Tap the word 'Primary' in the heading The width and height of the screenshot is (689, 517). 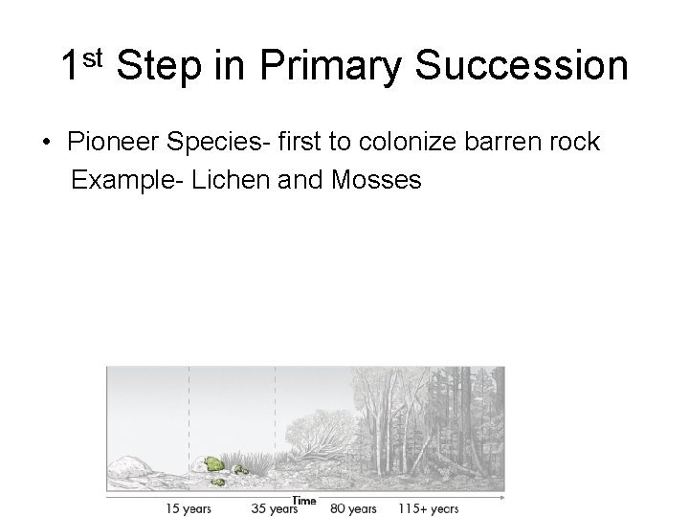click(329, 68)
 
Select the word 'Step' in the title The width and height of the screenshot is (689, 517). click(160, 68)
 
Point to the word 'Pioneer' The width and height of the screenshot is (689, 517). click(112, 143)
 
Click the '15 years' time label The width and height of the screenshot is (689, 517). click(189, 508)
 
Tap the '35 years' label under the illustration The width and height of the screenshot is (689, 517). click(275, 508)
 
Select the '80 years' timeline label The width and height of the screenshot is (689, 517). click(353, 508)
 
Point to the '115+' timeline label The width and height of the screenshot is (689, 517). click(411, 508)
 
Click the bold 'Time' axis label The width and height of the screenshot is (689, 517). click(303, 501)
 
